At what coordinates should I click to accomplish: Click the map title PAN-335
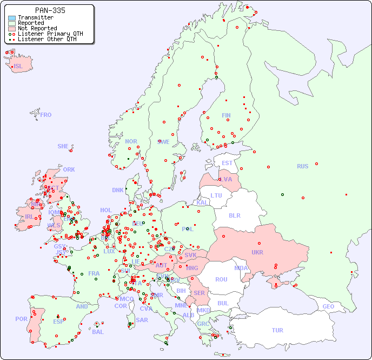(x=50, y=10)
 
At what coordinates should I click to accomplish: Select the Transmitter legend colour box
(x=12, y=18)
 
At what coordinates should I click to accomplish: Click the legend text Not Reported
(x=37, y=28)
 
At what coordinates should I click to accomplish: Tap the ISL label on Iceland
(x=18, y=67)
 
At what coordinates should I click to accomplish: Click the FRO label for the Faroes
(x=46, y=115)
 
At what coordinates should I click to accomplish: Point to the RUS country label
(x=302, y=166)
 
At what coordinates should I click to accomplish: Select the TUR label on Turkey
(x=277, y=330)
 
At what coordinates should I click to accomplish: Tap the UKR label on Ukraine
(x=257, y=252)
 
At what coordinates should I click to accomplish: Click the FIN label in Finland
(x=226, y=115)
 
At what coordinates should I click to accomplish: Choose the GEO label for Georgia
(x=328, y=306)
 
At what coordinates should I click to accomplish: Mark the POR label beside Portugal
(x=21, y=319)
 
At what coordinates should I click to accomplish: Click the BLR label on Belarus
(x=234, y=215)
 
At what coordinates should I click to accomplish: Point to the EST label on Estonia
(x=227, y=163)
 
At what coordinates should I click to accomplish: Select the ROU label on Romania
(x=221, y=279)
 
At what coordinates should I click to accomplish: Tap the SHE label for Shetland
(x=63, y=146)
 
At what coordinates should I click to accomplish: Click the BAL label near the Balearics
(x=98, y=332)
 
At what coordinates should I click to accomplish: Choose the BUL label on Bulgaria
(x=223, y=303)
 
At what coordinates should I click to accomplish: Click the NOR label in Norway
(x=131, y=141)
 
